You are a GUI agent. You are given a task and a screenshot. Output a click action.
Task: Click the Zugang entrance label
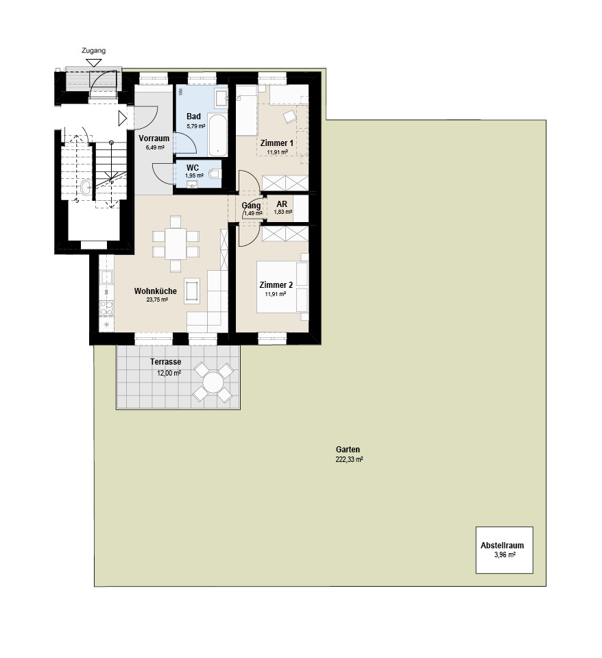click(94, 51)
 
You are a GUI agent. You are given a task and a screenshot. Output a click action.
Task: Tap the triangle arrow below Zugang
click(94, 63)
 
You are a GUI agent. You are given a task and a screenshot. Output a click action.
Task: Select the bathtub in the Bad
click(217, 134)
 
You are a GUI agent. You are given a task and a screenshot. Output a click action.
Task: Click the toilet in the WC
click(215, 173)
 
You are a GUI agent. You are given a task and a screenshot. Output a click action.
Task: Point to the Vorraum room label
click(154, 138)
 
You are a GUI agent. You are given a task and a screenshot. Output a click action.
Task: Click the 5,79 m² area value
click(196, 125)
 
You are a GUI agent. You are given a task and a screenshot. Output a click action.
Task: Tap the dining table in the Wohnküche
click(176, 244)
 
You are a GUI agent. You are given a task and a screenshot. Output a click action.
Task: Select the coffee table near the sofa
click(192, 291)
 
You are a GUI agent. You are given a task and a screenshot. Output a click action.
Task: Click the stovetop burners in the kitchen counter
click(107, 308)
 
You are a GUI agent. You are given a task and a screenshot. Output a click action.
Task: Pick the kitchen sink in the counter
click(106, 278)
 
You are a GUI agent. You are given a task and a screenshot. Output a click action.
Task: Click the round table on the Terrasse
click(213, 382)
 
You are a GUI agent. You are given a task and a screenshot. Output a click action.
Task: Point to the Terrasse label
click(166, 362)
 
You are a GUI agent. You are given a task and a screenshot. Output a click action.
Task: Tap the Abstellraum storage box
click(504, 550)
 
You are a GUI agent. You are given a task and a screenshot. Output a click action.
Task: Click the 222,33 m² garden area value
click(349, 459)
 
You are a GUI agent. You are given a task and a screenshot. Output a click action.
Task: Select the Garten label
click(348, 450)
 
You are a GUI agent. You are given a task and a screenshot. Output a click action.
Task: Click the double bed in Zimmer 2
click(282, 287)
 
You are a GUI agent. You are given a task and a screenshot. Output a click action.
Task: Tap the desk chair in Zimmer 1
click(289, 117)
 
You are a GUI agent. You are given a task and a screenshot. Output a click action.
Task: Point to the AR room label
click(282, 204)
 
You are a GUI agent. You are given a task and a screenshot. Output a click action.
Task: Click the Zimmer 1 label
click(276, 143)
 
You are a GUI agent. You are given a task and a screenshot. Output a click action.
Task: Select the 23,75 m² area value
click(157, 300)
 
